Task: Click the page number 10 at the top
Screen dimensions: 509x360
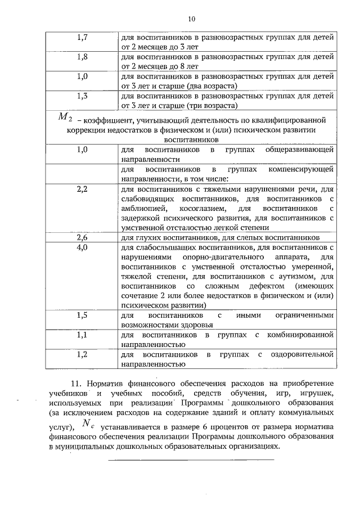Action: coord(191,19)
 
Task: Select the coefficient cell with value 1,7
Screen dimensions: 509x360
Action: coord(82,38)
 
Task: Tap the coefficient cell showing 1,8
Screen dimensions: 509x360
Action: coord(82,57)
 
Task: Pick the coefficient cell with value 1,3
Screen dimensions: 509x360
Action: coord(82,96)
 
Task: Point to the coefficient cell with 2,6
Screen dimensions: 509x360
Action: coord(82,237)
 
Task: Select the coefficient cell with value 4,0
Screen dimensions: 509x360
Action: coord(82,247)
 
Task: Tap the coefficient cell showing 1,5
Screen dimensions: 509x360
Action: coord(82,315)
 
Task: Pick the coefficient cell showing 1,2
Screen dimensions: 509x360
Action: coord(82,354)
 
